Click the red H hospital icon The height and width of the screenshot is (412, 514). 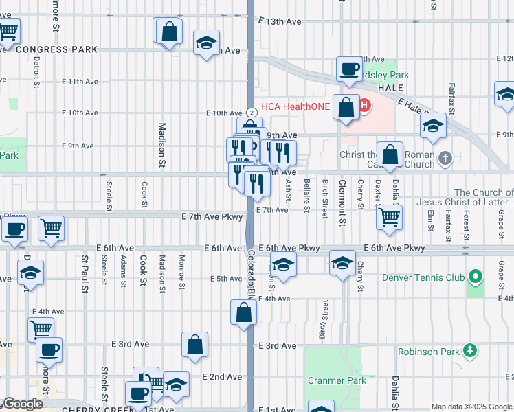point(364,106)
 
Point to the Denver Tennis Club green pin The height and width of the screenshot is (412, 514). point(475,277)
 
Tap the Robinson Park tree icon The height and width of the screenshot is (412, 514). point(471,351)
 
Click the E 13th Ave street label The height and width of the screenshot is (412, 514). point(280,22)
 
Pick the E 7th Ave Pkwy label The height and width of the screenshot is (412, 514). point(212,216)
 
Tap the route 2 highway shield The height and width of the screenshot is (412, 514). point(252,112)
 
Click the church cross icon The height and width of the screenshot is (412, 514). point(445,159)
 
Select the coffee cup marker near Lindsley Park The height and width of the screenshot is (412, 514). point(350,69)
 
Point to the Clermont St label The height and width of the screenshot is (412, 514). point(342,195)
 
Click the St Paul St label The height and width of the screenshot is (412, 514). point(85,273)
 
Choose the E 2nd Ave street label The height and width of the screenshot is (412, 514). point(223,377)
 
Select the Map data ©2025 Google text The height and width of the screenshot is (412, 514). point(471,407)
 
